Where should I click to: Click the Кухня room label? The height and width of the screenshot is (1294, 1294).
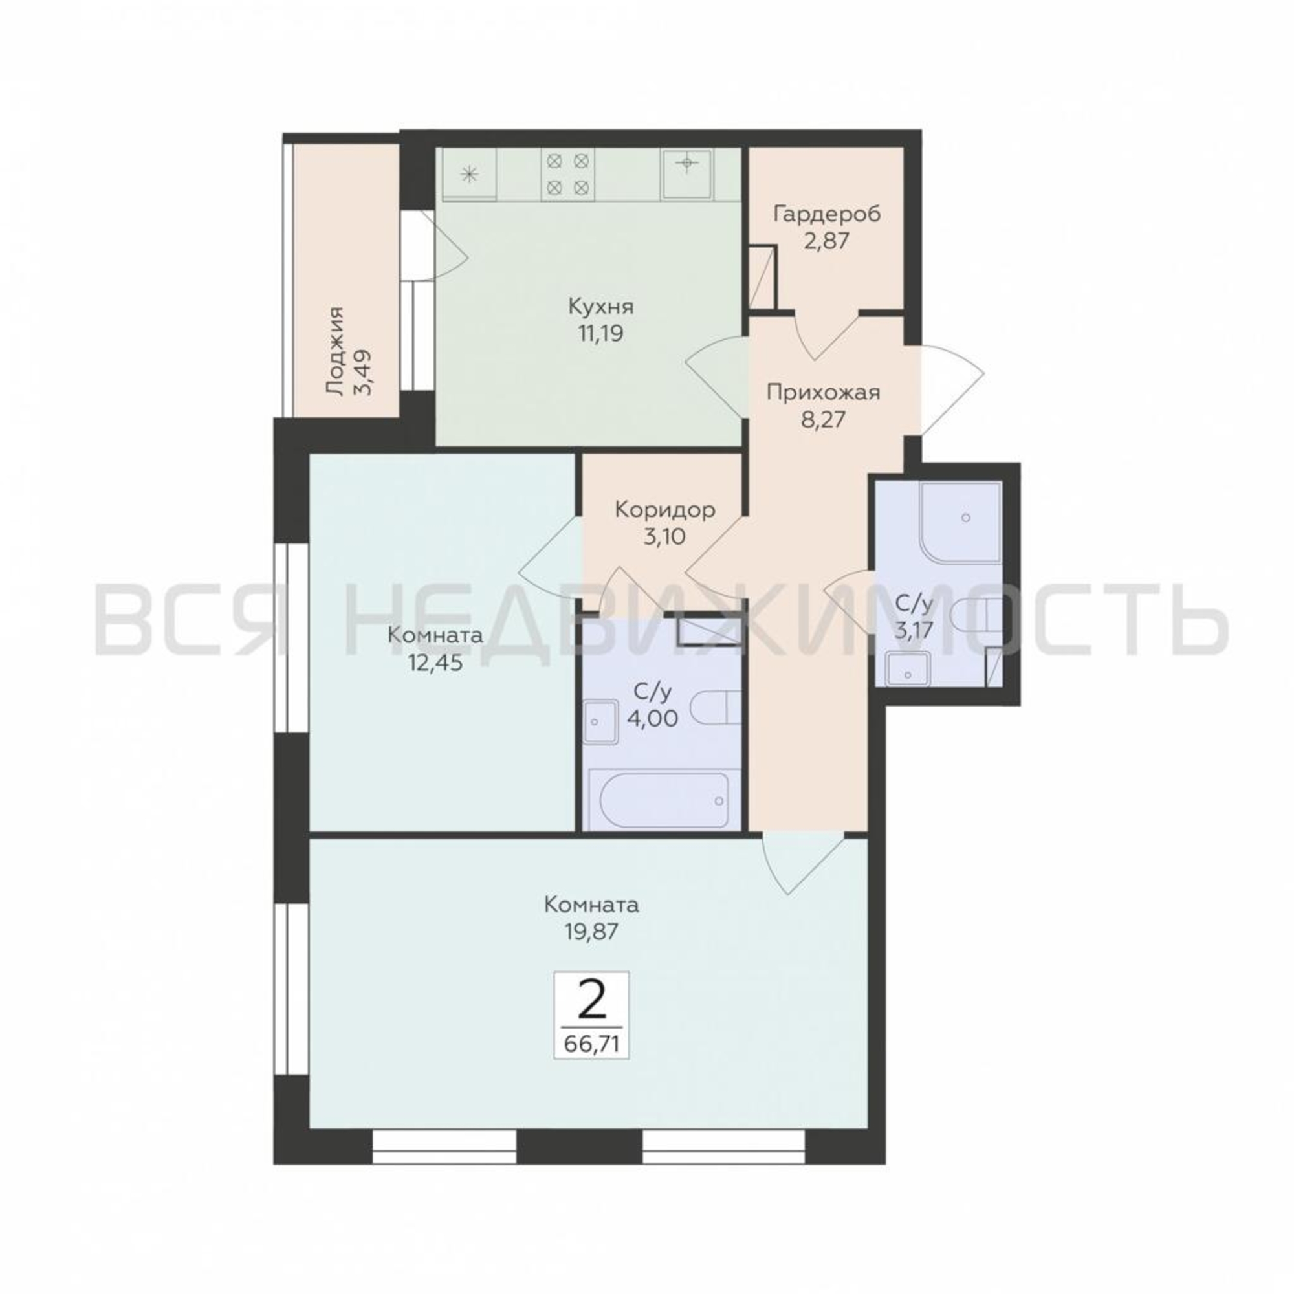pos(601,307)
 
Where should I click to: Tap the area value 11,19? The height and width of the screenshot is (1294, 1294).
pos(601,333)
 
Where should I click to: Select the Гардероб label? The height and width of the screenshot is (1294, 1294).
pos(827,214)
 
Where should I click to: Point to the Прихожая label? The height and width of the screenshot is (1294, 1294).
pos(823,393)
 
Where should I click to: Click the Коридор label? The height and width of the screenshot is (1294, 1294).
pos(665,510)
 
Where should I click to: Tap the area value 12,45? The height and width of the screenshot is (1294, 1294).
pos(436,663)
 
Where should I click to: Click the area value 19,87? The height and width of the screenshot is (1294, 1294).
pos(591,932)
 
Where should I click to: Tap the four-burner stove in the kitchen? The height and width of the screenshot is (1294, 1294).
pos(568,173)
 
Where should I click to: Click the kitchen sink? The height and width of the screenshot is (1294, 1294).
pos(687,173)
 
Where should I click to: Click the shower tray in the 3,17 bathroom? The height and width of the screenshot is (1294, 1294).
pos(962,520)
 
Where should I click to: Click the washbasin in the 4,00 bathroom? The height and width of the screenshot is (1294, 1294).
pos(602,721)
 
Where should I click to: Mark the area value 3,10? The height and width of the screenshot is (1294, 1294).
pos(665,536)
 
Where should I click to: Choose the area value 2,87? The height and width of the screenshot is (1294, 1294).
pos(827,241)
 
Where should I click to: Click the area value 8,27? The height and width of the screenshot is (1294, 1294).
pos(824,420)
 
